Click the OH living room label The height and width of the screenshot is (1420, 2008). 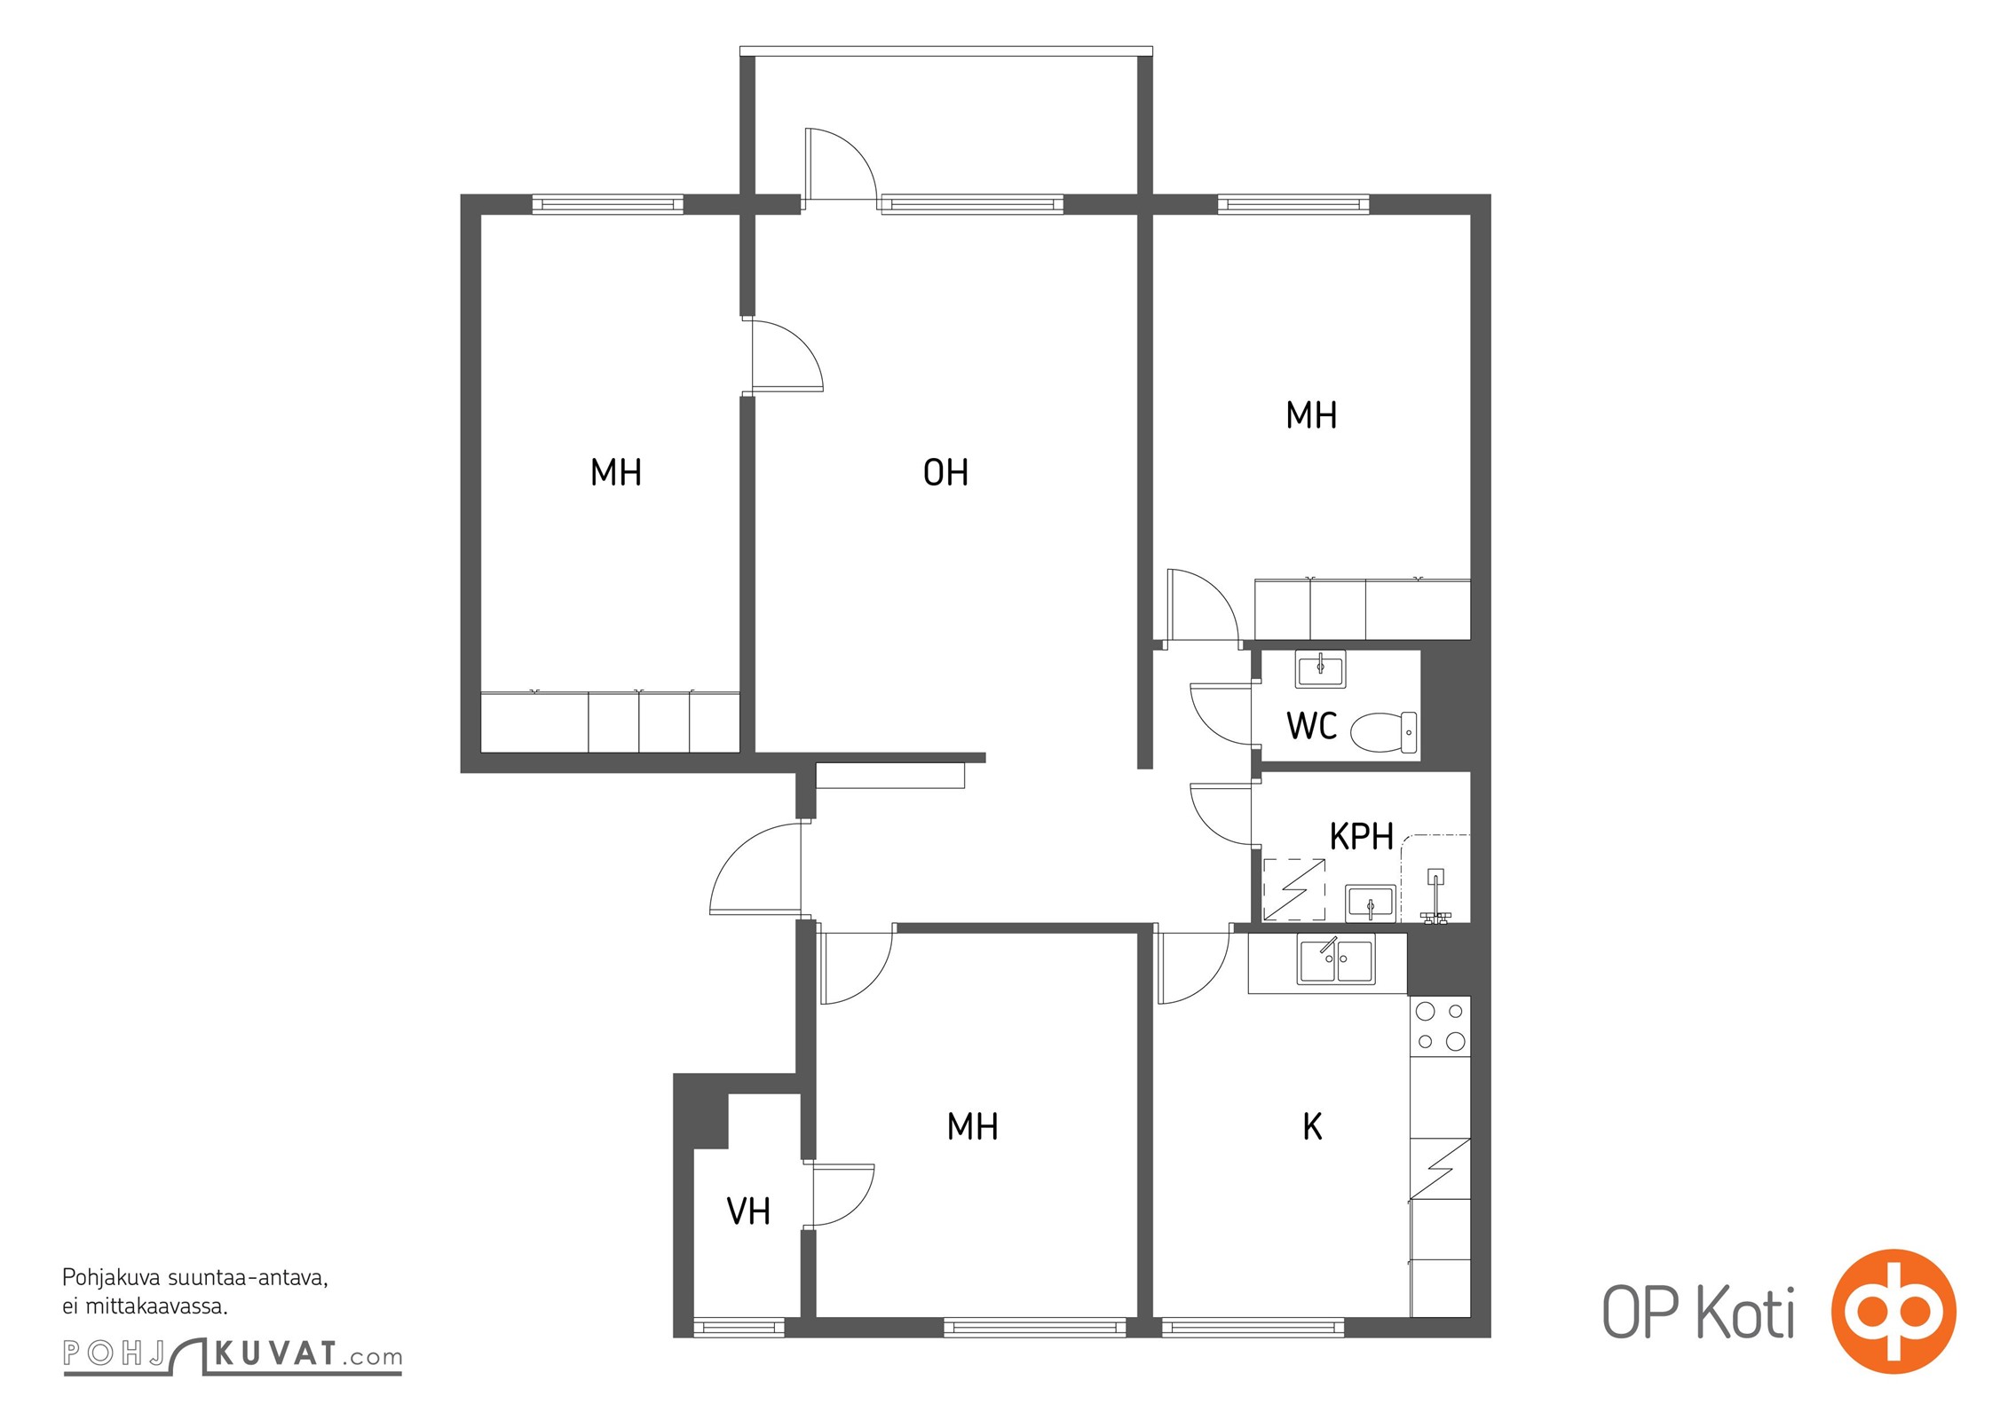pos(945,472)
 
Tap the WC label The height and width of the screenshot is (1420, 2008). pos(1311,726)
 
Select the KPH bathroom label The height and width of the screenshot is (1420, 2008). pos(1361,837)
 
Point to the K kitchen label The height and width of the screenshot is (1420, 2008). pos(1312,1127)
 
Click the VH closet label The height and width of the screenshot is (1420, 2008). pos(748,1211)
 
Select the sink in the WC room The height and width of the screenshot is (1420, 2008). pos(1320,669)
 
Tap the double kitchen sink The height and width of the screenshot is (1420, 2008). pos(1336,959)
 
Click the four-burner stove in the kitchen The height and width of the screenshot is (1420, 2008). pos(1440,1027)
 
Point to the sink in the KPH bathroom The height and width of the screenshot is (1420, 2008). pos(1371,903)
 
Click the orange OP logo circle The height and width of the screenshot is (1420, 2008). pos(1893,1312)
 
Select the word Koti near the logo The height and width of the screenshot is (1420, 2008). pos(1745,1312)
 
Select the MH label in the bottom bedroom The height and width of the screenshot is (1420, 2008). pos(972,1127)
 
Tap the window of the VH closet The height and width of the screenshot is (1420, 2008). pos(739,1328)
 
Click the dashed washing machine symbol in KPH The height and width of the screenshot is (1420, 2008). pos(1294,889)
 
